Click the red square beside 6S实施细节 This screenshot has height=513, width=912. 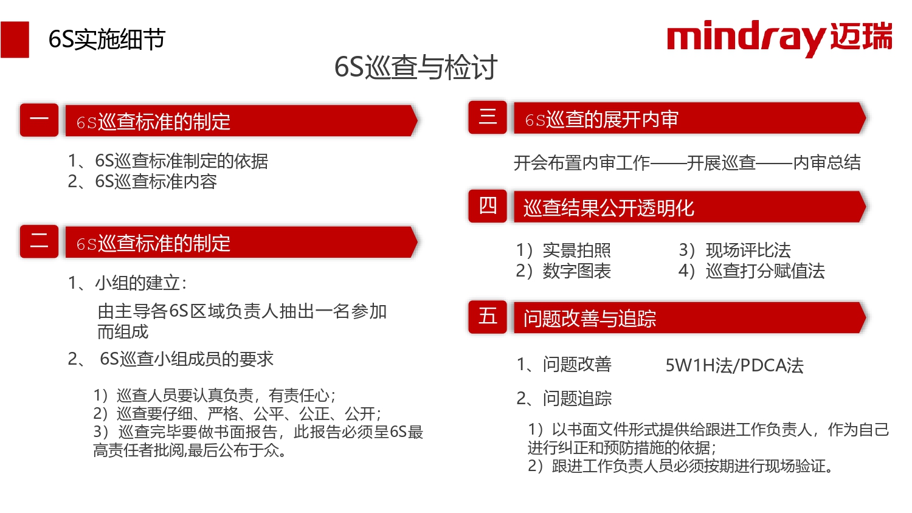(x=15, y=40)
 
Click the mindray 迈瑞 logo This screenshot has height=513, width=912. (x=779, y=38)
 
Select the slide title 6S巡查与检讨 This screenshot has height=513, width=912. (x=416, y=67)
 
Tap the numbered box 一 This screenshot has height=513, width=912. (x=39, y=120)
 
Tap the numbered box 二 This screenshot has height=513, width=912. (x=39, y=241)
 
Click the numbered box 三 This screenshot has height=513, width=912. (x=488, y=117)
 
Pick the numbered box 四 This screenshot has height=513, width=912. (x=488, y=206)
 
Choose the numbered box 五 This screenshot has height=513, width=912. (x=488, y=317)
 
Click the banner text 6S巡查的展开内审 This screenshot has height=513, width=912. (x=602, y=120)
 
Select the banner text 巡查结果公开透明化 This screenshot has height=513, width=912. (x=609, y=208)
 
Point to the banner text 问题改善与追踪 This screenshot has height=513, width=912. (x=590, y=318)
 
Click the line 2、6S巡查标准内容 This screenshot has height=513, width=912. (x=142, y=182)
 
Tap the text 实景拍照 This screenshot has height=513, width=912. (x=577, y=250)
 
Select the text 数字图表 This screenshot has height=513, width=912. (x=577, y=271)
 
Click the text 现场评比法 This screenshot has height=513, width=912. (x=748, y=250)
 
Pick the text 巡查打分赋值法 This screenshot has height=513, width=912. (x=765, y=271)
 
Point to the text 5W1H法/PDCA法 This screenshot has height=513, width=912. (x=734, y=366)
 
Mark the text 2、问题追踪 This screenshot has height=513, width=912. (x=564, y=399)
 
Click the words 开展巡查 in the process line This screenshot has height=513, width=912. (x=721, y=163)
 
